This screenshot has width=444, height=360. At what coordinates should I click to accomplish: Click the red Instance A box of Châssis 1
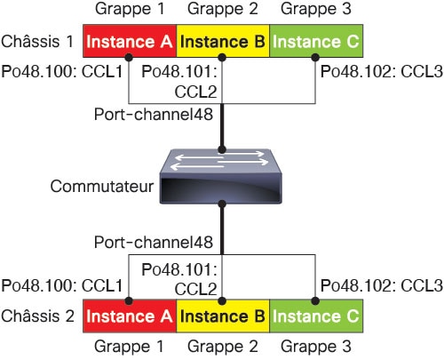130,41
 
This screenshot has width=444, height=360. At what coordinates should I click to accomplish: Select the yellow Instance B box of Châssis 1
223,41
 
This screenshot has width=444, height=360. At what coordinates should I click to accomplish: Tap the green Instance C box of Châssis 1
316,41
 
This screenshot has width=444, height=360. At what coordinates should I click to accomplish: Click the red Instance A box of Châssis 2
130,316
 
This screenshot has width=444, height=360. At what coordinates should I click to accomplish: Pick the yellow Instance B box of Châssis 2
223,316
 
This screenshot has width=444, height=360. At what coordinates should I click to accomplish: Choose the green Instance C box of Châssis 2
316,316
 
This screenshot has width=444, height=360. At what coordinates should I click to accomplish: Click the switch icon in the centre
221,176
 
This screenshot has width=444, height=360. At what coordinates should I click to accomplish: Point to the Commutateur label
102,187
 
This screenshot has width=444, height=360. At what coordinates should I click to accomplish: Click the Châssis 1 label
37,41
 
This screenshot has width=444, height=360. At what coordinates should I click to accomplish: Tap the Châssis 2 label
37,316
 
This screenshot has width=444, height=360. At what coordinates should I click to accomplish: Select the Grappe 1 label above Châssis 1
130,9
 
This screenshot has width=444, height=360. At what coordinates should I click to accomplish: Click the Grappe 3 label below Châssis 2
316,347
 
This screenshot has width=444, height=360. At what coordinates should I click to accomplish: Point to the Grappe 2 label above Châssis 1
223,9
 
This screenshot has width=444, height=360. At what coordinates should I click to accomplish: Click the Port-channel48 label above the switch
154,114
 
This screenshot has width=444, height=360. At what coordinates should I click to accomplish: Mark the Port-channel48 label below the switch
154,242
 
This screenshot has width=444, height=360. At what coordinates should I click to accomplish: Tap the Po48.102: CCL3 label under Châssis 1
382,72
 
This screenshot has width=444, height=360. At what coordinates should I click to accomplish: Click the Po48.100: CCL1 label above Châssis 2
62,285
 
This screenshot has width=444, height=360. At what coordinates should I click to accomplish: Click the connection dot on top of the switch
222,149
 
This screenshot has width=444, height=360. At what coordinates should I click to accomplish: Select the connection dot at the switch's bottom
222,204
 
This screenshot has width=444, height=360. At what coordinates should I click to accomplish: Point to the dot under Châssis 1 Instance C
315,57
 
